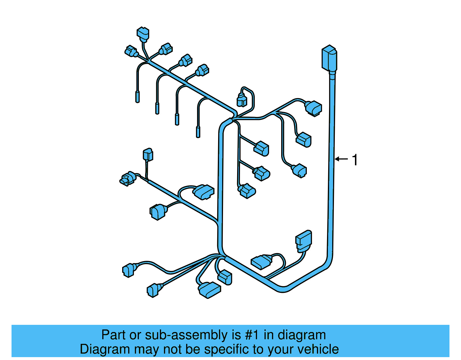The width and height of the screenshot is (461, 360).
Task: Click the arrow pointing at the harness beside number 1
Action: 342,159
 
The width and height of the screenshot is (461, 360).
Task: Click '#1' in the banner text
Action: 252,335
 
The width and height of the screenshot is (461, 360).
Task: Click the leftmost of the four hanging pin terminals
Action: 137,97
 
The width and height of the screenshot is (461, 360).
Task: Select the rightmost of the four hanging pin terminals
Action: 198,131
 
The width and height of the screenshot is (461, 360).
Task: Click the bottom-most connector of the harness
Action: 209,289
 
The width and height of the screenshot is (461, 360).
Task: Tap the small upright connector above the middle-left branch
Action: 148,154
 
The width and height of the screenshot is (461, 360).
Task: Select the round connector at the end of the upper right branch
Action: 313,108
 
